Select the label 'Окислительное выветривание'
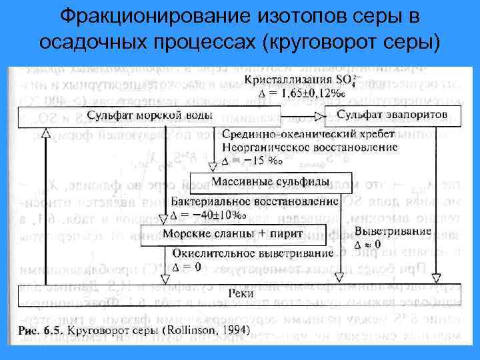(253, 254)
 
